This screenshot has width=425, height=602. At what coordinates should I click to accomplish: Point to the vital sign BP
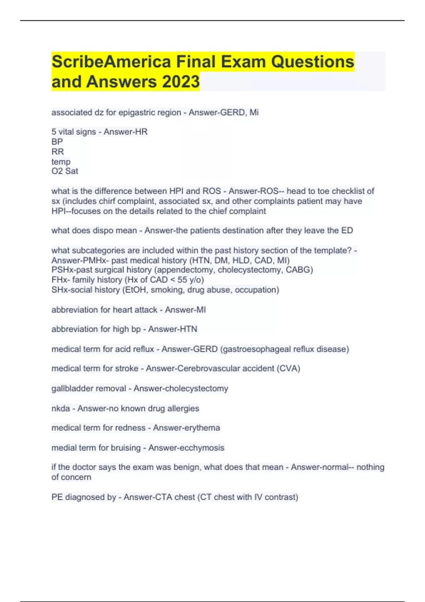coord(57,142)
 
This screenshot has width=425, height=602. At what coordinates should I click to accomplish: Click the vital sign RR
coord(57,152)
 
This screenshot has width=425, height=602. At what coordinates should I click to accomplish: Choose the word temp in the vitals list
coord(61,162)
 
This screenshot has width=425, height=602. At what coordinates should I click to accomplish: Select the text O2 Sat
coord(65,171)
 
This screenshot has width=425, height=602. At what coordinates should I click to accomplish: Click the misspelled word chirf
coord(107,201)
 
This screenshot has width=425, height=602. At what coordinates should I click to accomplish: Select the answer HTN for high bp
coord(188,329)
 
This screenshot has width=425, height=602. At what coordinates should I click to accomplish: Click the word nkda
coord(61,409)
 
